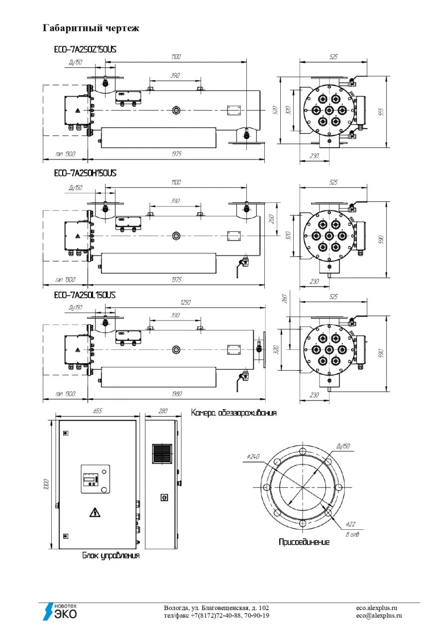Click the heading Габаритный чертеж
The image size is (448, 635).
coord(91,28)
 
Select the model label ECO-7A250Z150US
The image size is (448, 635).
coord(85,50)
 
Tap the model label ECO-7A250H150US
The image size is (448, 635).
coord(85,172)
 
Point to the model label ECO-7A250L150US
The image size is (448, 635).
coord(85,295)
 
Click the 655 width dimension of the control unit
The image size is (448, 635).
coord(98,411)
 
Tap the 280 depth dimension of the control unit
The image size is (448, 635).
coord(161,411)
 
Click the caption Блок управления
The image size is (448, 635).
coord(111,556)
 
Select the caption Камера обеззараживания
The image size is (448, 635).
coord(233,413)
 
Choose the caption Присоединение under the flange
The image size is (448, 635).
coord(304,542)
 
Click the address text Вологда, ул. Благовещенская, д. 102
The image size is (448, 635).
coord(217,608)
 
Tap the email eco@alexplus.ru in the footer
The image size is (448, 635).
coord(379,616)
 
